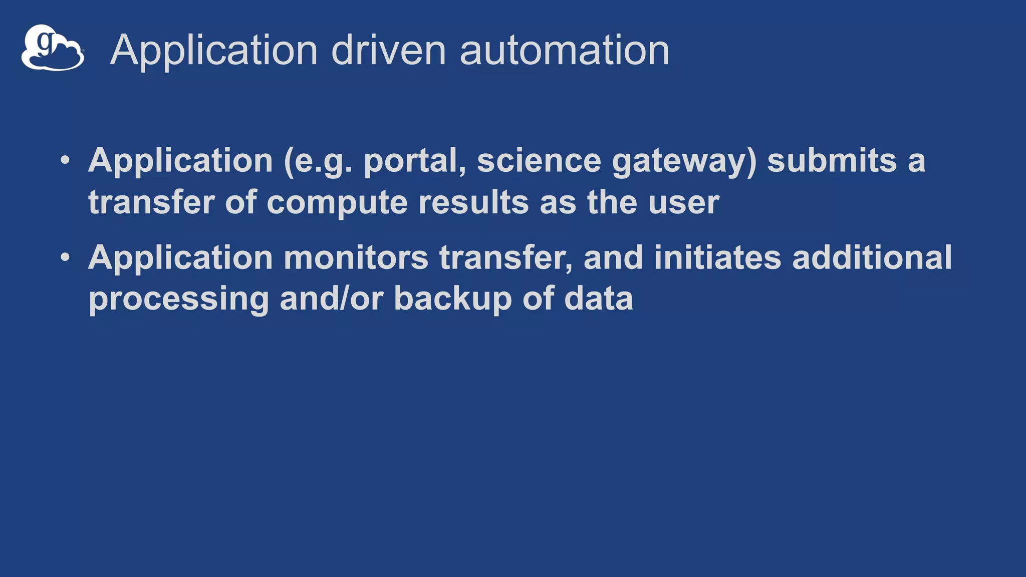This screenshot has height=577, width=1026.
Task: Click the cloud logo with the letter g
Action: click(53, 48)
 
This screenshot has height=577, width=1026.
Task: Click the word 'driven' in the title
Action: click(388, 50)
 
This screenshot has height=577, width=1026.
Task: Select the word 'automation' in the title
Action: click(564, 50)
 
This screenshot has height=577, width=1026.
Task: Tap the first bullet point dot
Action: click(65, 161)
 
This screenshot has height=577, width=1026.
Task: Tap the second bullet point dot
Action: click(65, 257)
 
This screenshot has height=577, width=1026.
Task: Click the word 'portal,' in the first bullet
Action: click(414, 161)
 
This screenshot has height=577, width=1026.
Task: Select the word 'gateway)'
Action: click(684, 162)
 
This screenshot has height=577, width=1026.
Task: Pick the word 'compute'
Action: click(337, 203)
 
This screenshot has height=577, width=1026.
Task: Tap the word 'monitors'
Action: click(356, 257)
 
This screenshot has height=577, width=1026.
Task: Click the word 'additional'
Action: click(872, 257)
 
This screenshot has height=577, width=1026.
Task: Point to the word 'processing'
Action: click(179, 300)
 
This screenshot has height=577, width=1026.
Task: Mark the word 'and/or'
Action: click(331, 299)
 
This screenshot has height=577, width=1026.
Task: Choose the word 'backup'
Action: click(452, 300)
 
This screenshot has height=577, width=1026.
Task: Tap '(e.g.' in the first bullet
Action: click(318, 162)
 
